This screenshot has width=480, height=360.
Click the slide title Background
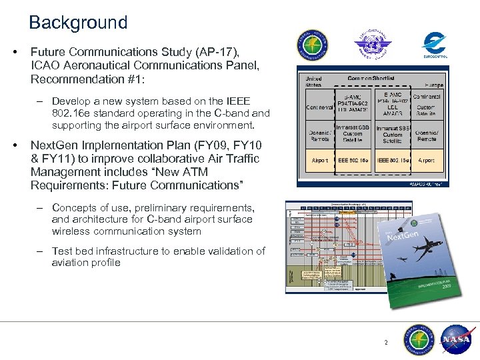tap(78, 23)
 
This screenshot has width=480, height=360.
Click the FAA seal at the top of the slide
tap(312, 45)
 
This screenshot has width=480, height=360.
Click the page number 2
tap(385, 343)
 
